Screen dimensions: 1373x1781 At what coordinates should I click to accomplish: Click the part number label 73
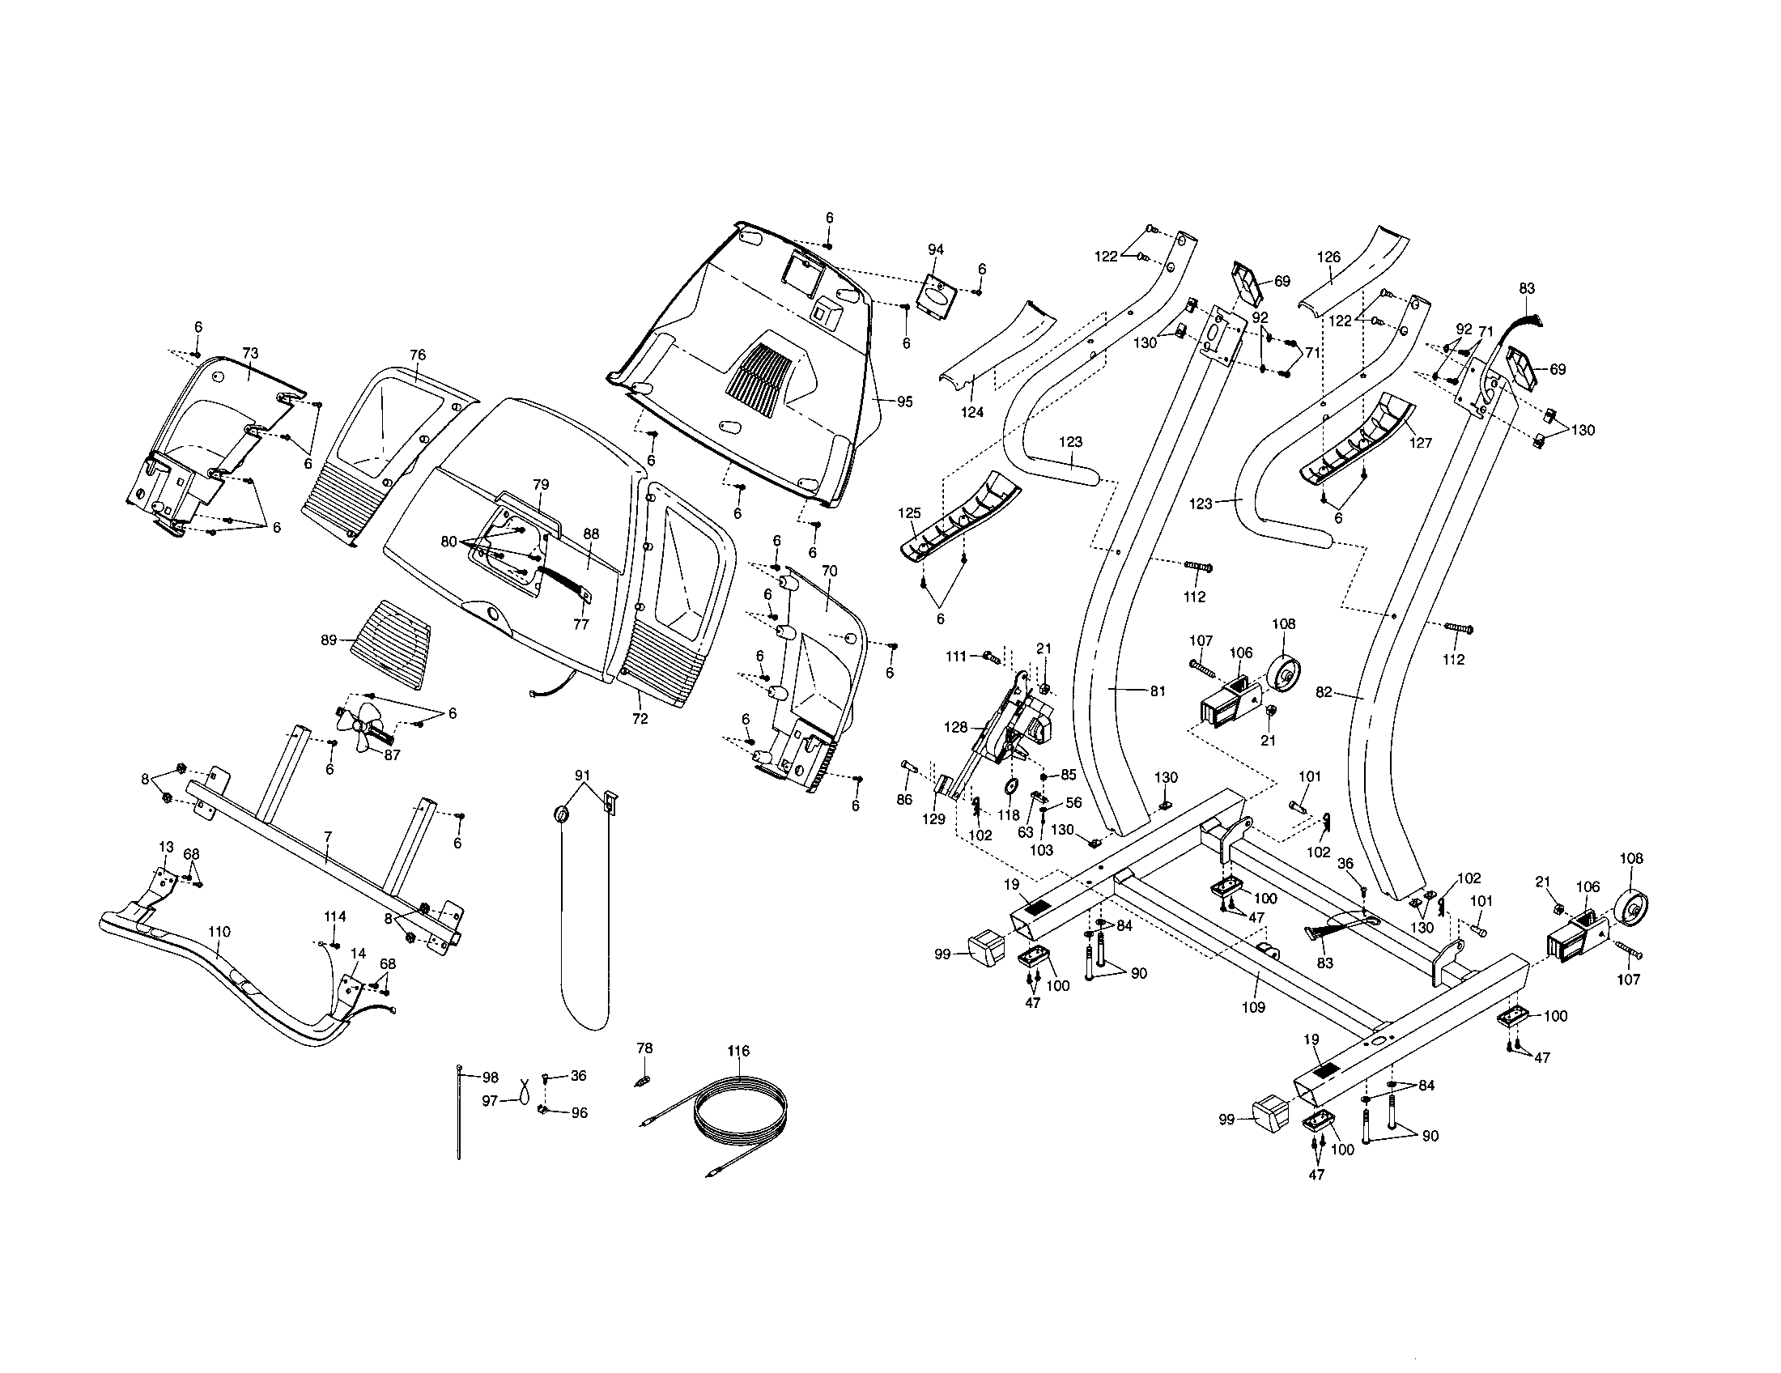click(250, 353)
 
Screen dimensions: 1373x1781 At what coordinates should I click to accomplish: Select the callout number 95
click(904, 402)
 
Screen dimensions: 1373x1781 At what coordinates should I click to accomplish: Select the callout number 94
click(935, 249)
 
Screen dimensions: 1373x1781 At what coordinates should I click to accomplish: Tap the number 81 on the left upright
click(1157, 691)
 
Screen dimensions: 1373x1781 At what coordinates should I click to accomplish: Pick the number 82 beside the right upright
click(1324, 692)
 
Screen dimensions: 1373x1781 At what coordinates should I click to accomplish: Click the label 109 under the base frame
click(1253, 1007)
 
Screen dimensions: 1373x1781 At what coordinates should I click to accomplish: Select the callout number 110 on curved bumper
click(219, 932)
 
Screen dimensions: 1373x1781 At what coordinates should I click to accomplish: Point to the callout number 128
click(956, 727)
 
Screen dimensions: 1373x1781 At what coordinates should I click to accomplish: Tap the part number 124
click(972, 413)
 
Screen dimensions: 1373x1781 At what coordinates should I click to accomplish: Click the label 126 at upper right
click(1328, 257)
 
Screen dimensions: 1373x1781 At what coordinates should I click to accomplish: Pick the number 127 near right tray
click(1420, 444)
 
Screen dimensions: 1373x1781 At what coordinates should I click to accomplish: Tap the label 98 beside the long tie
click(491, 1078)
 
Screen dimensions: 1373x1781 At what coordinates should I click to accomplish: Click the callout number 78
click(644, 1048)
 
